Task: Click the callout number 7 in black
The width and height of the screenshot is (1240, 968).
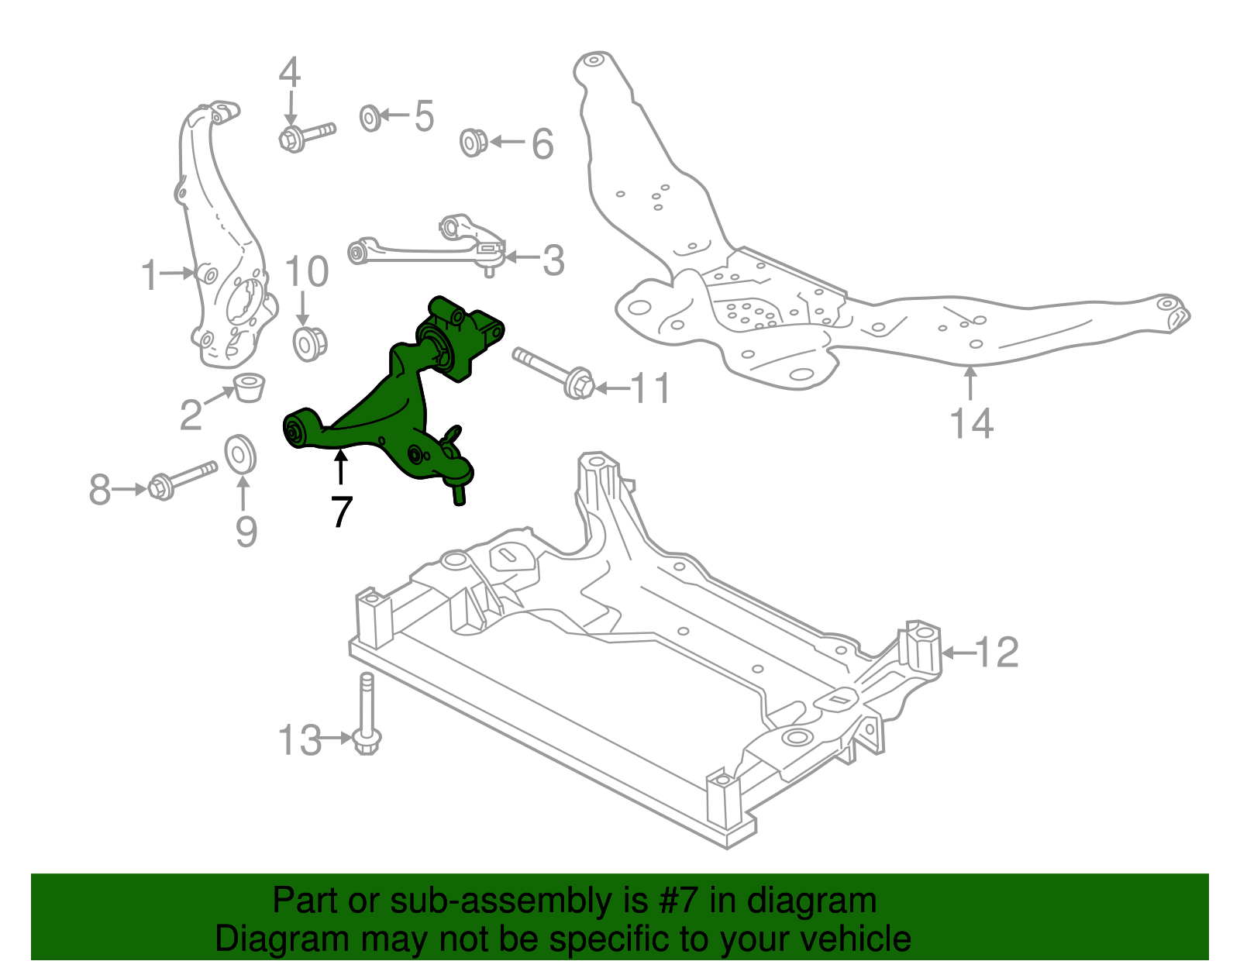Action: point(341,512)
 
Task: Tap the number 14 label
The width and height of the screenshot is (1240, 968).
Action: point(971,424)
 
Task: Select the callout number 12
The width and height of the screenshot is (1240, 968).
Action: point(996,653)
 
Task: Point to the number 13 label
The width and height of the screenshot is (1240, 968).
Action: point(300,740)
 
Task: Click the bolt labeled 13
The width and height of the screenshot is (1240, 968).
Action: point(366,717)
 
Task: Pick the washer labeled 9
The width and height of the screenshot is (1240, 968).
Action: point(241,454)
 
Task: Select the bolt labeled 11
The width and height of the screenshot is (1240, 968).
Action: point(553,371)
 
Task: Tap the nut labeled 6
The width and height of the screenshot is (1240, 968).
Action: point(473,143)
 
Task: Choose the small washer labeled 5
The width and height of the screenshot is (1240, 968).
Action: point(370,118)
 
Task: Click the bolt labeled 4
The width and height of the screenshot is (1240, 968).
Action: point(305,135)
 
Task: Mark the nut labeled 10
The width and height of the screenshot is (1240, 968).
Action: point(310,343)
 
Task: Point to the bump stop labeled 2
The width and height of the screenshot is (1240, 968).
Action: point(250,387)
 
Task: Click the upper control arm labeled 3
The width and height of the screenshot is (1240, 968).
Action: point(426,246)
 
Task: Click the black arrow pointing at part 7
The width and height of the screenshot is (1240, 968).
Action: point(340,468)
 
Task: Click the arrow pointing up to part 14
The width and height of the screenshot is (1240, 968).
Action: point(970,384)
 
